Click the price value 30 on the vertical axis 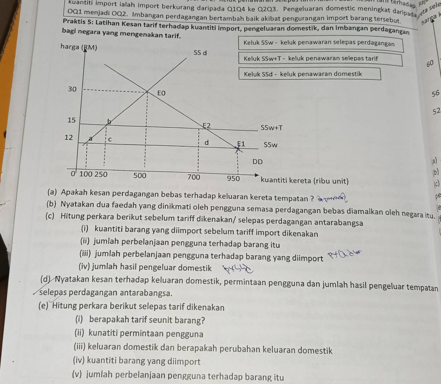click(72, 89)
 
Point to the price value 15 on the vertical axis click(71, 120)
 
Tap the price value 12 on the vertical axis click(69, 137)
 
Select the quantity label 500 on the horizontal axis click(140, 176)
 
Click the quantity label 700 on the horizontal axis click(194, 177)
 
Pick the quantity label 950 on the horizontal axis click(233, 178)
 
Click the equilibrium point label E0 click(162, 93)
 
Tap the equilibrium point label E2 click(207, 125)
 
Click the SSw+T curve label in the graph click(272, 128)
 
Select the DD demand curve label click(258, 162)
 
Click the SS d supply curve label click(200, 53)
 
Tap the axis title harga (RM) click(79, 47)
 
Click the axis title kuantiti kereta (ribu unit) click(305, 181)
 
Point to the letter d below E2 click(207, 143)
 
